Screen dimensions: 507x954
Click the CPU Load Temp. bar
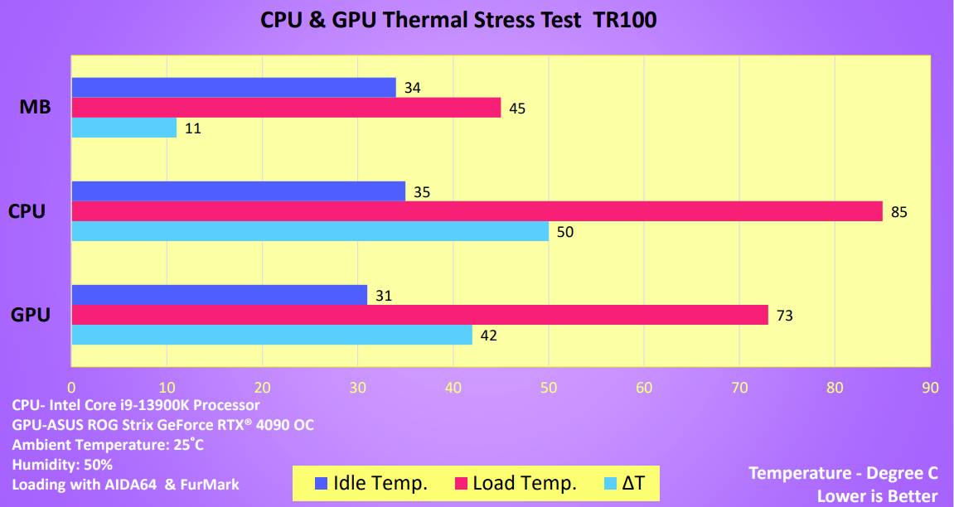click(477, 212)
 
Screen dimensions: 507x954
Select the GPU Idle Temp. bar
click(219, 295)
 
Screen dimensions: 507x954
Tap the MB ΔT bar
click(123, 128)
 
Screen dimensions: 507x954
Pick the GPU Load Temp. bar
click(419, 315)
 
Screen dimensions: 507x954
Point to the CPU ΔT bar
click(310, 232)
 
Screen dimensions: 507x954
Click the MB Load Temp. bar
click(286, 108)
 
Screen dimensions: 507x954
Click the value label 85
click(899, 212)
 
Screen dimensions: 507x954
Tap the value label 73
click(785, 315)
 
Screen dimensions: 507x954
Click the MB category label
click(35, 108)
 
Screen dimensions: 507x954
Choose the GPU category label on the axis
click(31, 315)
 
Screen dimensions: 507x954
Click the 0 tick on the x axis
click(71, 388)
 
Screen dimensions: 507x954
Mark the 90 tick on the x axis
click(930, 388)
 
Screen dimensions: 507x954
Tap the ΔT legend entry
click(625, 483)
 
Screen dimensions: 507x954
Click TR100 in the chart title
click(624, 20)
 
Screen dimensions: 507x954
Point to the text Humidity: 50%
click(62, 465)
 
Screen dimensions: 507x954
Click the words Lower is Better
click(877, 495)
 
